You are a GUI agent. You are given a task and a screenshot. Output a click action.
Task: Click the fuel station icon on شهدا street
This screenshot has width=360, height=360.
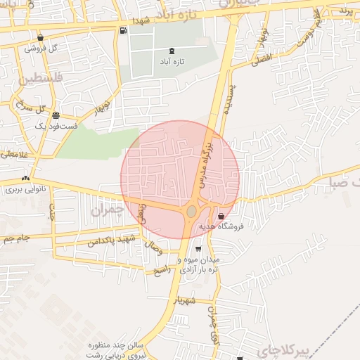point(124,30)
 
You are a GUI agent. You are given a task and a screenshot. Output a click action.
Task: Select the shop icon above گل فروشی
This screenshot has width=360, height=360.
point(40,37)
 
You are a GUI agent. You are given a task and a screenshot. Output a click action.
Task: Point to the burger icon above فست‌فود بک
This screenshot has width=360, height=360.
point(56,116)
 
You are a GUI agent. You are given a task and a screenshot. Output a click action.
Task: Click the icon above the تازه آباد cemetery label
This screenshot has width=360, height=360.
point(173,51)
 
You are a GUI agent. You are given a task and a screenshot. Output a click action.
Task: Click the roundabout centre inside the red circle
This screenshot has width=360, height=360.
point(191,211)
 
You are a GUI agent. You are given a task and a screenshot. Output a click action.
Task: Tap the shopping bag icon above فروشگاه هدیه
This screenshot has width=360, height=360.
point(222,216)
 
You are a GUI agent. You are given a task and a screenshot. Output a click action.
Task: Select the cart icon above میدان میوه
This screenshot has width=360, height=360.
point(199,248)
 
